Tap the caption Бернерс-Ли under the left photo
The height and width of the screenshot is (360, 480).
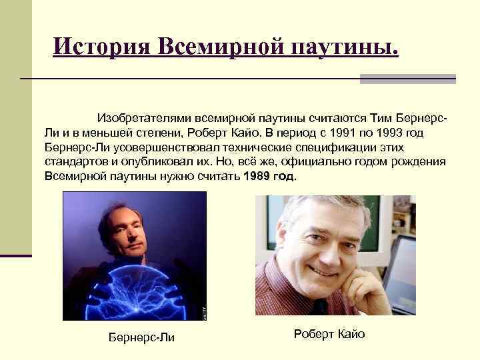point(141,337)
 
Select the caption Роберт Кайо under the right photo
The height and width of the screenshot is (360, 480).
point(329,334)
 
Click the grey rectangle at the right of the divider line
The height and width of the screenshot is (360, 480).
point(407,79)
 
